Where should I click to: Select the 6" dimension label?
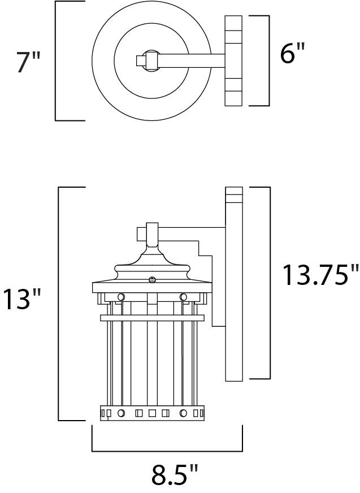[292, 54]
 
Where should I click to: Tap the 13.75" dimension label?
[320, 275]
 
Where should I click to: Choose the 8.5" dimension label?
[175, 475]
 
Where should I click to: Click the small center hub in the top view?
[150, 60]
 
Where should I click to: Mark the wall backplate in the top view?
[233, 60]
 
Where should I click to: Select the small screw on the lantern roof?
[151, 279]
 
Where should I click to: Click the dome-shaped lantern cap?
[151, 266]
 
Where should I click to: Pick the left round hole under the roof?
[120, 297]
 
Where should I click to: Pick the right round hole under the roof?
[183, 297]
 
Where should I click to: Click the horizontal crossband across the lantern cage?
[151, 318]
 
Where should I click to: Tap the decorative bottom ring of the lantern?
[151, 413]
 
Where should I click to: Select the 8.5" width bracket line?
[167, 451]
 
